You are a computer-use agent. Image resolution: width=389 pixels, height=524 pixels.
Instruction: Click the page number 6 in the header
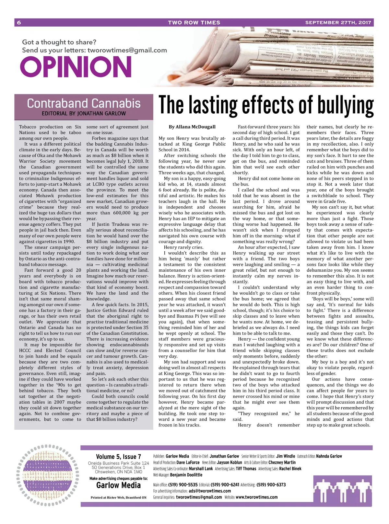pos(19,23)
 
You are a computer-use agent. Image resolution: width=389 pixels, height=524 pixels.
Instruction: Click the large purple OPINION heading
pos(76,67)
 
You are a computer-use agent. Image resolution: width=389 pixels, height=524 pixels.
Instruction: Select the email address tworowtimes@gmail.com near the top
pos(127,50)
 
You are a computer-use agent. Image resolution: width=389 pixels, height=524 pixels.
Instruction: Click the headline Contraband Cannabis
pos(84,103)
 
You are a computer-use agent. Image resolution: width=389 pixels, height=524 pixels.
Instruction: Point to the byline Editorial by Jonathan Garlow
pos(84,114)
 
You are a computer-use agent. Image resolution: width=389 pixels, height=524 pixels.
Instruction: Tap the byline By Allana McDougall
pos(192,127)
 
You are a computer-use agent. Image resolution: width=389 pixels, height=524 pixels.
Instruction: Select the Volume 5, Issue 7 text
pos(118,457)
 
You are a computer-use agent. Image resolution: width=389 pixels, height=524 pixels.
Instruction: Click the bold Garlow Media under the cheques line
pos(118,485)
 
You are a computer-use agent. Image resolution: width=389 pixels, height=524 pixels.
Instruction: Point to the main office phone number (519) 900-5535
pos(183,485)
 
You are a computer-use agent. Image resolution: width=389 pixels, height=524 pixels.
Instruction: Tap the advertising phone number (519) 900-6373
pos(271,485)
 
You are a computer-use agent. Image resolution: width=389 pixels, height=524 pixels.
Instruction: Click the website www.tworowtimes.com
pos(256,497)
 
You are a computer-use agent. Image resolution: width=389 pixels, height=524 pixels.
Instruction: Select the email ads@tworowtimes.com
pos(210,491)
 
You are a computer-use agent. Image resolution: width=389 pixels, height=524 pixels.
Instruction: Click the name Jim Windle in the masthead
pos(286,456)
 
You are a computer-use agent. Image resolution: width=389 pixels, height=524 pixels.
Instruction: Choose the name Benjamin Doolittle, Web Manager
pos(186,475)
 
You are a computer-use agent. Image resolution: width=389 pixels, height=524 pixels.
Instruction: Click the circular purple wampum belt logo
pos(47,475)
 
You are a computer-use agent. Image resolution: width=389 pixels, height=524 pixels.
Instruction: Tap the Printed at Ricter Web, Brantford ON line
pos(118,497)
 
